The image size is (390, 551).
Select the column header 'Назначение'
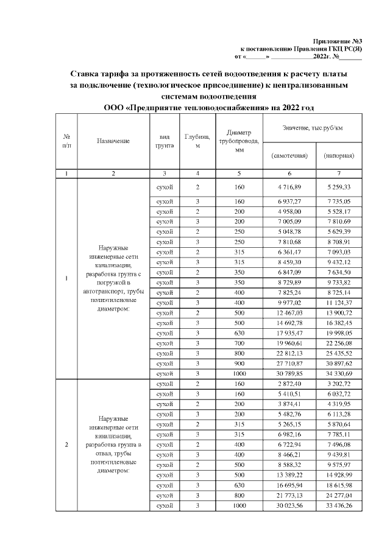point(113,141)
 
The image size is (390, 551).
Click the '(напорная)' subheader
point(339,155)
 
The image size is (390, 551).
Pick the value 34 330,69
point(339,372)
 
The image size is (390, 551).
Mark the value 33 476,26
point(339,506)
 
